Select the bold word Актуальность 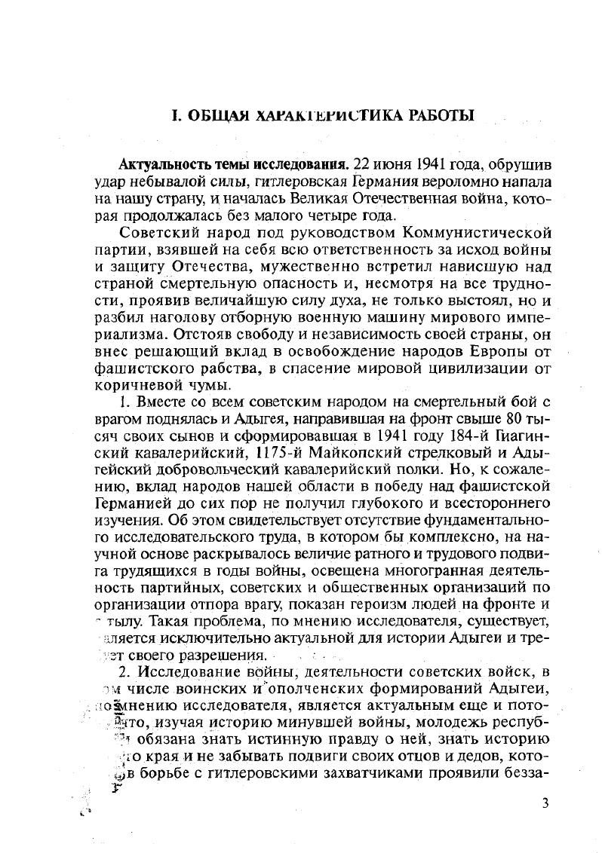click(x=164, y=164)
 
